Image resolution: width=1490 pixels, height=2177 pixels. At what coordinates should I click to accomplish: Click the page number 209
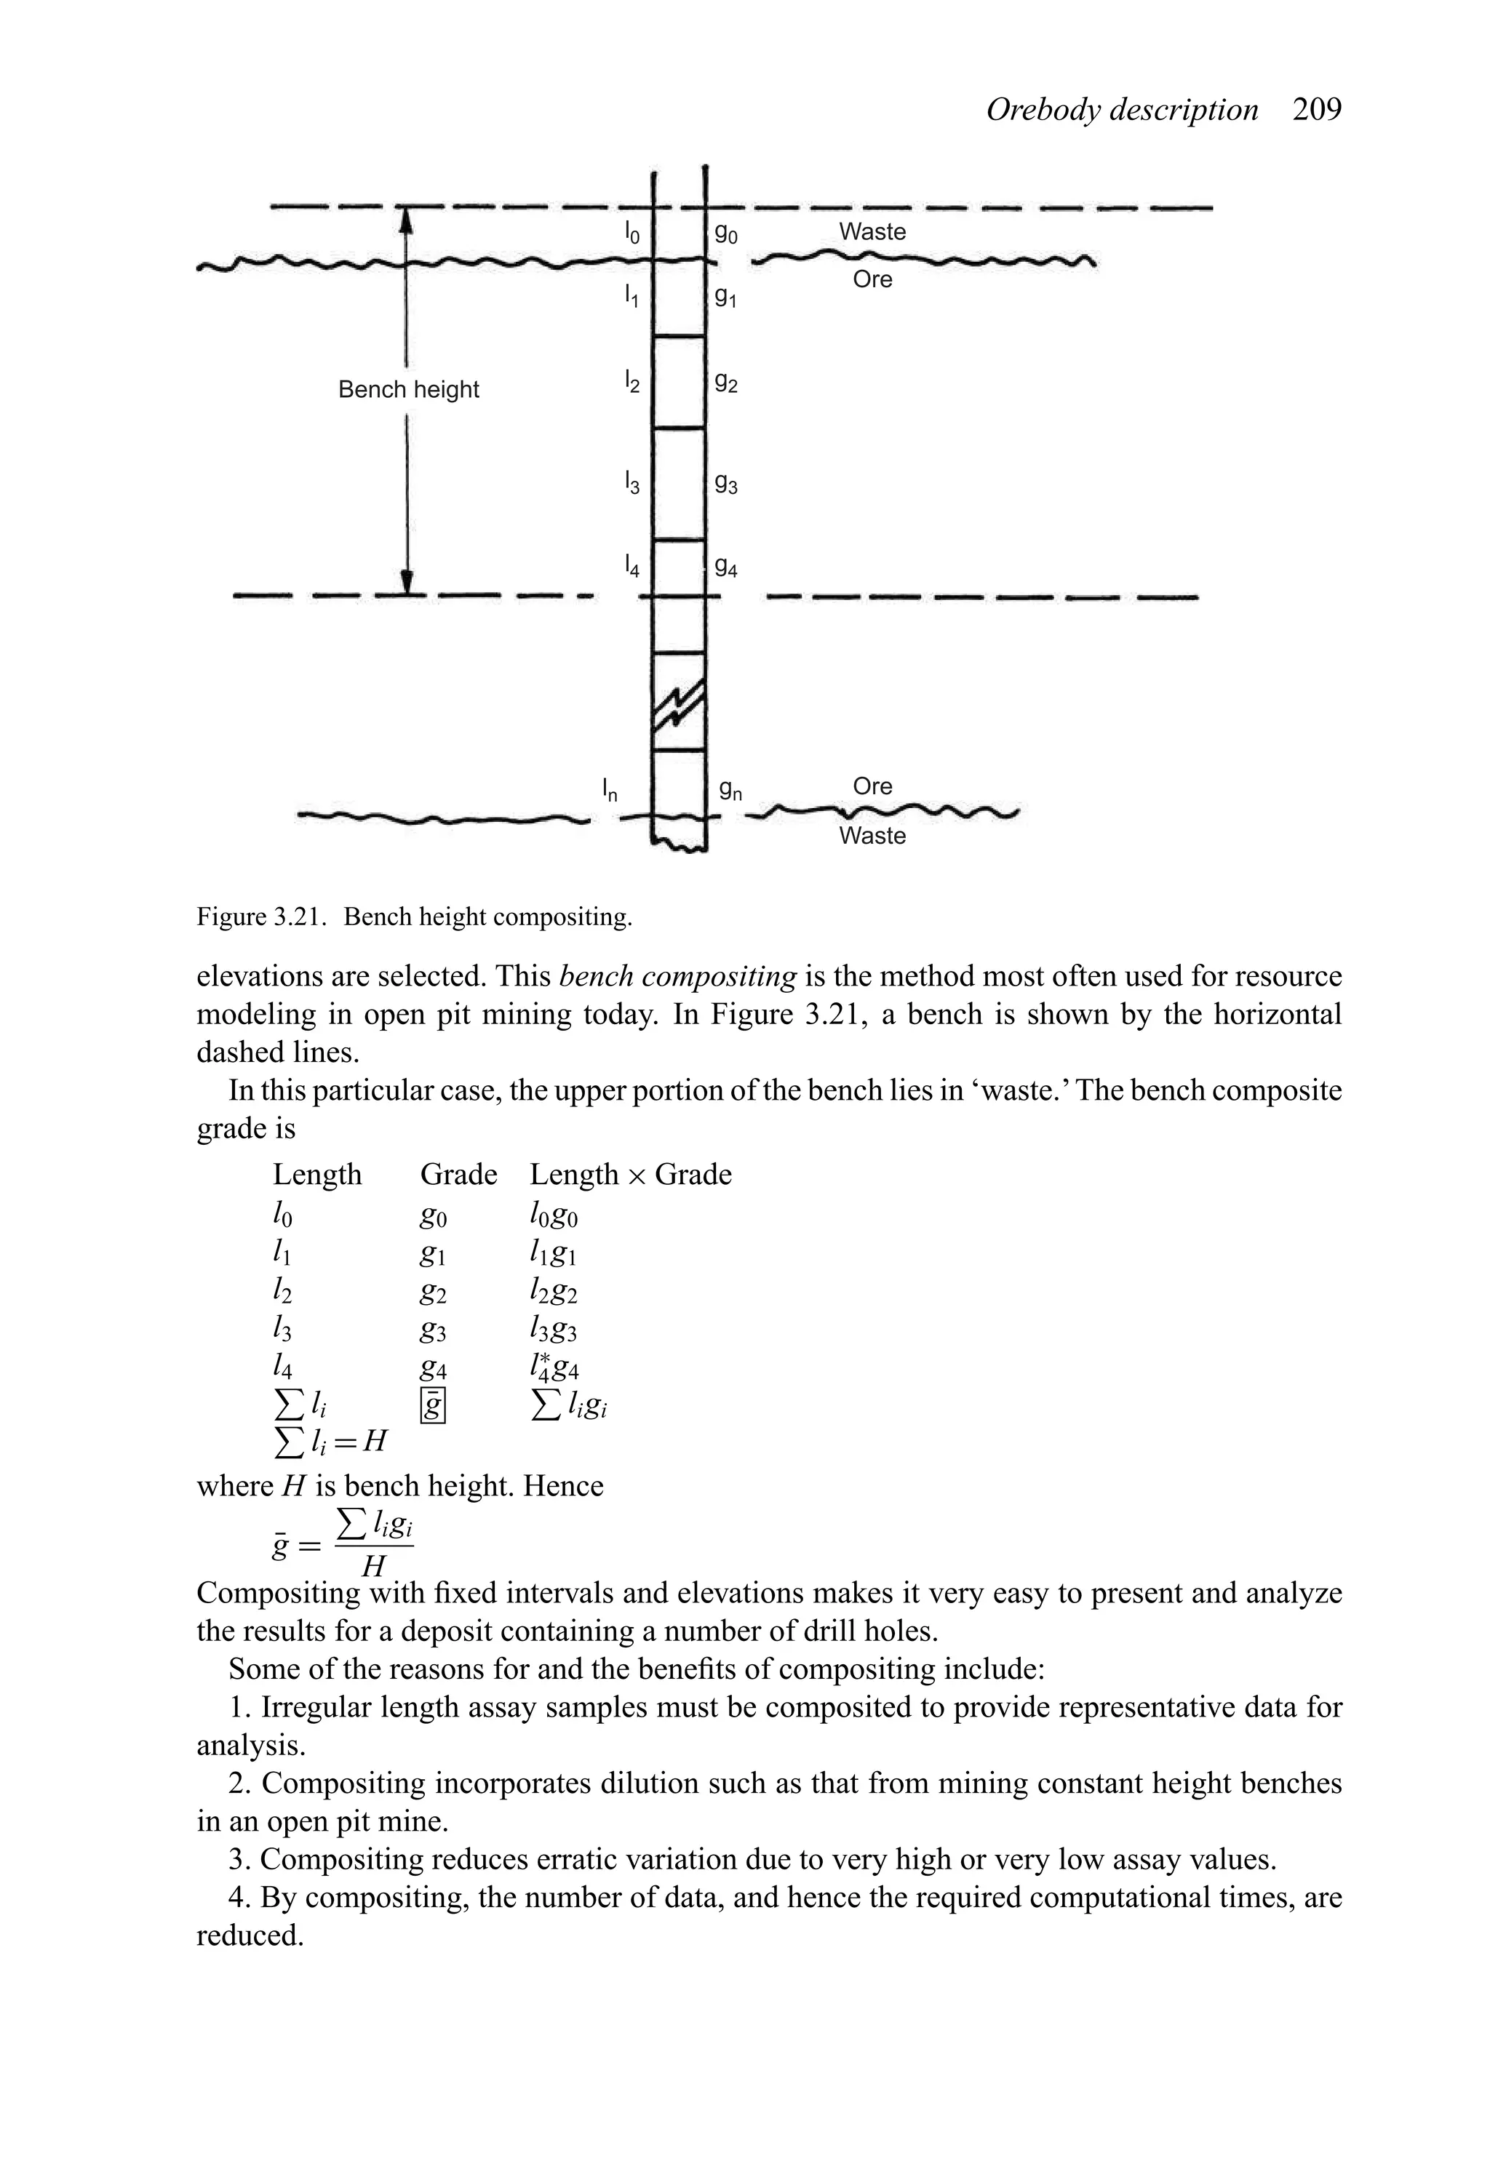click(1317, 111)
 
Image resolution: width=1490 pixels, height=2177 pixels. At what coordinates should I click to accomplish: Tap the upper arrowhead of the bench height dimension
click(407, 219)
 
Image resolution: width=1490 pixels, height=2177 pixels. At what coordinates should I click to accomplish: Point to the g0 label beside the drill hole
click(726, 234)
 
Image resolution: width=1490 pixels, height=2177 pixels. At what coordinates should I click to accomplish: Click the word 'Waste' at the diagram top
click(872, 231)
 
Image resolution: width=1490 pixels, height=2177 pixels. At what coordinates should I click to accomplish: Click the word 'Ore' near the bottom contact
click(872, 786)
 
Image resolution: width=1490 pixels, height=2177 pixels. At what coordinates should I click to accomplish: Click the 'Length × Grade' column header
click(630, 1175)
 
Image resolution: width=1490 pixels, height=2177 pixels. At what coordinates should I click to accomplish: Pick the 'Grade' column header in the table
click(458, 1175)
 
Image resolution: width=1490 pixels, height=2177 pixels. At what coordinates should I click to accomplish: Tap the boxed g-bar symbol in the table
click(433, 1407)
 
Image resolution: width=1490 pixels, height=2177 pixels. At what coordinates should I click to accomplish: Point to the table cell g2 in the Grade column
click(433, 1294)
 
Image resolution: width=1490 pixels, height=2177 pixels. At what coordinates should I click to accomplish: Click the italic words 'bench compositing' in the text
click(677, 976)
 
